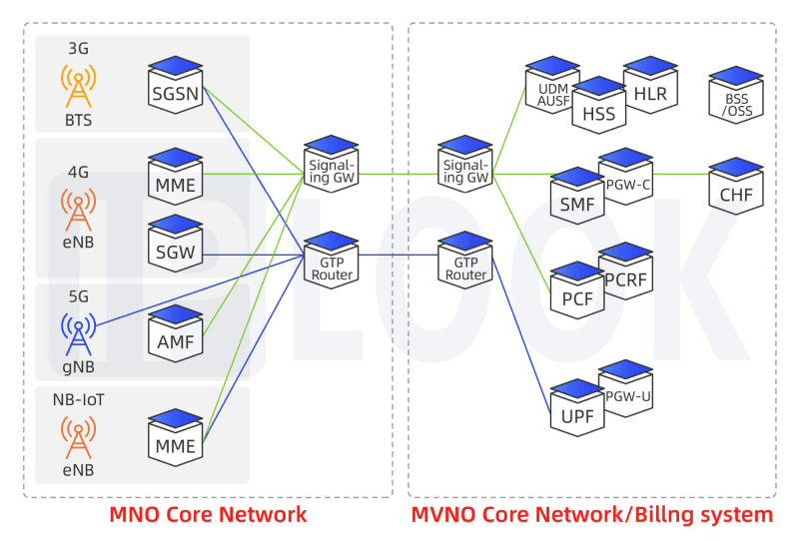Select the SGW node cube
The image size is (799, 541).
click(176, 244)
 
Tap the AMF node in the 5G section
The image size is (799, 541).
click(176, 333)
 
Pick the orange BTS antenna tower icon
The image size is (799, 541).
click(79, 86)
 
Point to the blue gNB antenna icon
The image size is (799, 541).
click(79, 334)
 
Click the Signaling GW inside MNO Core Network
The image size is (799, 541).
click(332, 164)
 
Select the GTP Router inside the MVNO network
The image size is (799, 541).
click(465, 261)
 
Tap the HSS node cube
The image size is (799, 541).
click(598, 106)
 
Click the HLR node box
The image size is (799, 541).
click(650, 85)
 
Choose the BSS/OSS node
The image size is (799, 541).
click(736, 95)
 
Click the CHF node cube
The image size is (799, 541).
click(736, 186)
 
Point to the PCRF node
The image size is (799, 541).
click(626, 271)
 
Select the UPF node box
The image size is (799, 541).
click(577, 408)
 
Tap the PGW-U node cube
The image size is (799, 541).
click(626, 388)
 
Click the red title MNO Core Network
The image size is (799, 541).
click(208, 514)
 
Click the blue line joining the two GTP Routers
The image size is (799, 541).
click(399, 255)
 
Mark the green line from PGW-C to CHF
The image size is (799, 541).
click(681, 174)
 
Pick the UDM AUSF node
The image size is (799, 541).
click(552, 85)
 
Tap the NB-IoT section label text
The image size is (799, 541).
click(79, 400)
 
